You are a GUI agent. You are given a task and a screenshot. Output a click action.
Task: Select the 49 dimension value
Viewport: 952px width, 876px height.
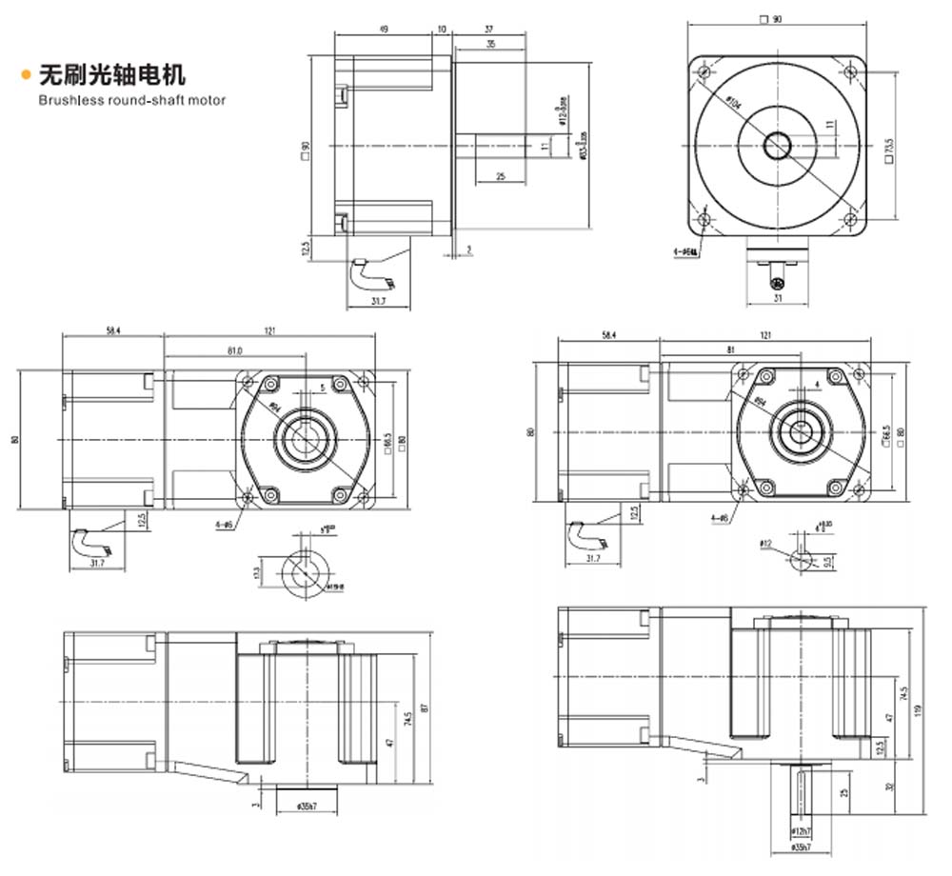point(383,30)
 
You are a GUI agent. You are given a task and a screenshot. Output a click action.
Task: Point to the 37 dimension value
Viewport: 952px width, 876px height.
point(487,30)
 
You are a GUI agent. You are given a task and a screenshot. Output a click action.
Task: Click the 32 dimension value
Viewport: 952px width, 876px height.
point(889,786)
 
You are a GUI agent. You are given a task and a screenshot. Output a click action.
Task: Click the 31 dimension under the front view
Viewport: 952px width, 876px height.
point(777,299)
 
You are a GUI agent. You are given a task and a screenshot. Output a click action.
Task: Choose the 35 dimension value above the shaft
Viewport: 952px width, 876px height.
point(488,45)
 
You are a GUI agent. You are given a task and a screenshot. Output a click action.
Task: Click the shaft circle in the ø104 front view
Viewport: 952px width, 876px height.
point(778,146)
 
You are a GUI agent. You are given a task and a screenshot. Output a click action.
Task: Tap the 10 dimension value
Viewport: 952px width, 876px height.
point(441,30)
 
